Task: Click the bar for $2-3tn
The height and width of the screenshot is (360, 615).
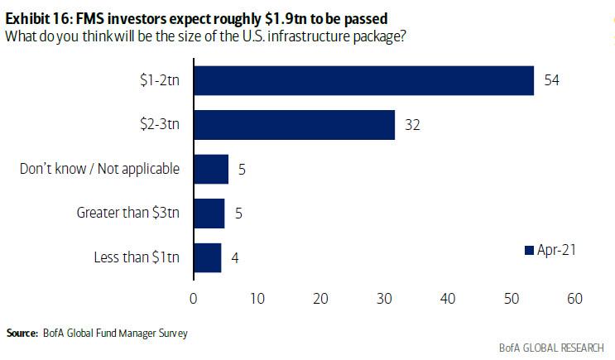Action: tap(294, 124)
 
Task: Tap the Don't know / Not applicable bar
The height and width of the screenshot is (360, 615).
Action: tap(210, 169)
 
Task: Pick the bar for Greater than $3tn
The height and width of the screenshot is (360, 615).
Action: tap(209, 213)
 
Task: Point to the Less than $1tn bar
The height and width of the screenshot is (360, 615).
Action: tap(207, 257)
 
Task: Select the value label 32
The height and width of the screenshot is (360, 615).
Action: tap(413, 124)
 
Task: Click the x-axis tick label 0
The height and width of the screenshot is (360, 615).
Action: tap(193, 298)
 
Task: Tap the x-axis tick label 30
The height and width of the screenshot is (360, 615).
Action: tap(383, 298)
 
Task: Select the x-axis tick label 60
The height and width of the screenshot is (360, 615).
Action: tap(574, 298)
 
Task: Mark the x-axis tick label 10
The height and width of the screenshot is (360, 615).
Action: tap(257, 298)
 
